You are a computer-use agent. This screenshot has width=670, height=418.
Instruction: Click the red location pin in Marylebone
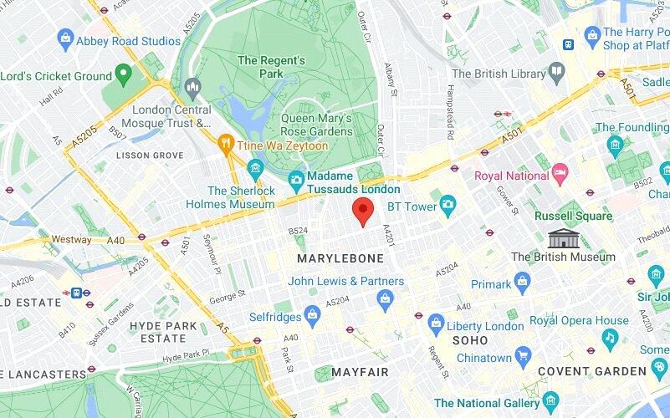tap(362, 211)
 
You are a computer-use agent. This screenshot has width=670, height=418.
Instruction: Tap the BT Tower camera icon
tap(448, 203)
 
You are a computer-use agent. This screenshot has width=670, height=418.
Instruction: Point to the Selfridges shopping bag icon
tap(312, 316)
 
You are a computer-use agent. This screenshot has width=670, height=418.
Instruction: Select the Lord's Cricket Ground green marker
tap(124, 75)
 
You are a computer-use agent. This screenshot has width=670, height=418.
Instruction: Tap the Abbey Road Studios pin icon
tap(65, 38)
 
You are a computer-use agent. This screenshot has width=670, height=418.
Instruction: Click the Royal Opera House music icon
tap(610, 337)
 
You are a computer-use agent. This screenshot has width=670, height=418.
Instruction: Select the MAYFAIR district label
tap(360, 371)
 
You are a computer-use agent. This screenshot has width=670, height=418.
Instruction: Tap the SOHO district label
tap(470, 341)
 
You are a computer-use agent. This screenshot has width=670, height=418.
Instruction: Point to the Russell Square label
tap(573, 216)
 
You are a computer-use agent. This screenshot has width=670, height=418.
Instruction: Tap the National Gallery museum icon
tap(550, 401)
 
